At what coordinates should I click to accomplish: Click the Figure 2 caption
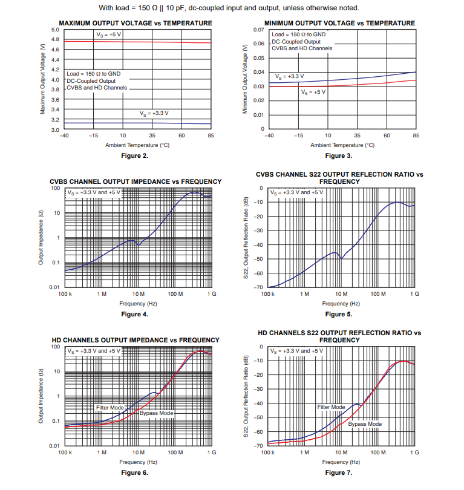(135, 155)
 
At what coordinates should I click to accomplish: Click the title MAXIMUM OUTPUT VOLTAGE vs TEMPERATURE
(135, 23)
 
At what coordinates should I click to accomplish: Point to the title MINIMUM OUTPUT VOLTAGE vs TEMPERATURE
(339, 23)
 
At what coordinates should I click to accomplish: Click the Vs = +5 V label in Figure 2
(109, 34)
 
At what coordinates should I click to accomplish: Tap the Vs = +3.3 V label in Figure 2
(154, 113)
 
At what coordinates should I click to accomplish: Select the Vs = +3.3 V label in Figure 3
(290, 77)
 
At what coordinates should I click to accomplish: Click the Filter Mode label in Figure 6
(109, 408)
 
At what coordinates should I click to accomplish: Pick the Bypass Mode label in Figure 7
(365, 424)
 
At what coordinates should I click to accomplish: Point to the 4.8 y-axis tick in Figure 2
(55, 39)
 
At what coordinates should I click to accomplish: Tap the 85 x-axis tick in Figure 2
(211, 136)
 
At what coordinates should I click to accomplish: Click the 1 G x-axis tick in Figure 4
(211, 294)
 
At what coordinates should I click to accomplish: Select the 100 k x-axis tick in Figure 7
(269, 452)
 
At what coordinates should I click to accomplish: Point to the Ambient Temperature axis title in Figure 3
(342, 145)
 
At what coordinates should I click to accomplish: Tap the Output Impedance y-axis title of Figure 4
(41, 238)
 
